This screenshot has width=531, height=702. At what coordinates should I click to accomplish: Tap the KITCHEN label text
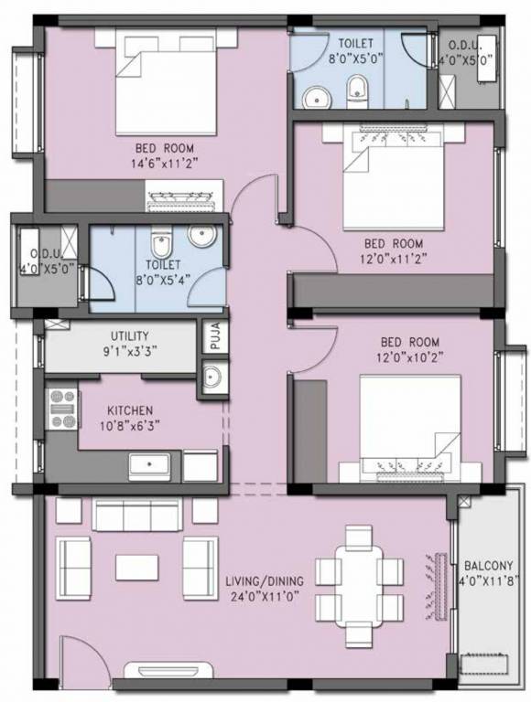point(130,410)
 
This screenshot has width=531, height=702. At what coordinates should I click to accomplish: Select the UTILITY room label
point(129,336)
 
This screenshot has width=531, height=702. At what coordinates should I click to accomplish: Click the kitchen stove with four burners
point(63,409)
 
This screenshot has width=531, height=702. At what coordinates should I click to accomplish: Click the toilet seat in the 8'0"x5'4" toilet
point(160,248)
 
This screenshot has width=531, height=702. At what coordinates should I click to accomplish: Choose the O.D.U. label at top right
point(466,48)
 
